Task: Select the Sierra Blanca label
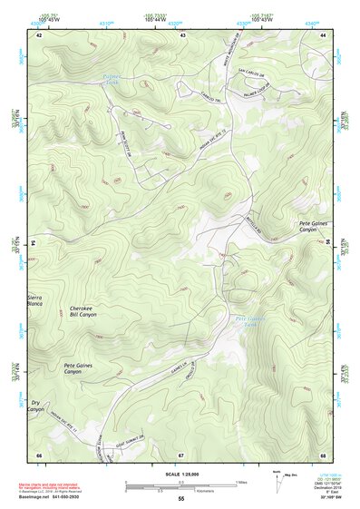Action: point(36,300)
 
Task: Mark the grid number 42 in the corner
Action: point(38,34)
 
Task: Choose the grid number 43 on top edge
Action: point(182,34)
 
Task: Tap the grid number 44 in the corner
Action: point(323,34)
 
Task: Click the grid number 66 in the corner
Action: point(38,454)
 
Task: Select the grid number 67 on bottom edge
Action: point(181,454)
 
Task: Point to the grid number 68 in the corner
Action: point(323,454)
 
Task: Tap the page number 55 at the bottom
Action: point(180,499)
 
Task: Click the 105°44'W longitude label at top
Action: point(156,19)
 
